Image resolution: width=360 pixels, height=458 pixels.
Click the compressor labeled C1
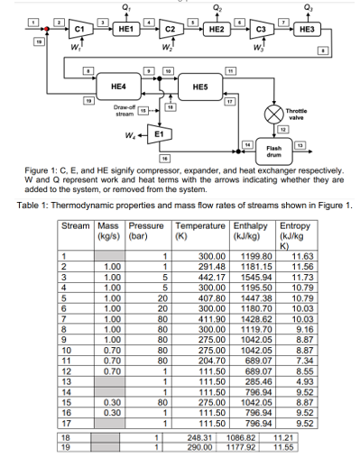pos(78,30)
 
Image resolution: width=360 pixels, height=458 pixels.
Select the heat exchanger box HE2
pos(217,30)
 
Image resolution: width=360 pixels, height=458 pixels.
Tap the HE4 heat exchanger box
pos(118,86)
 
